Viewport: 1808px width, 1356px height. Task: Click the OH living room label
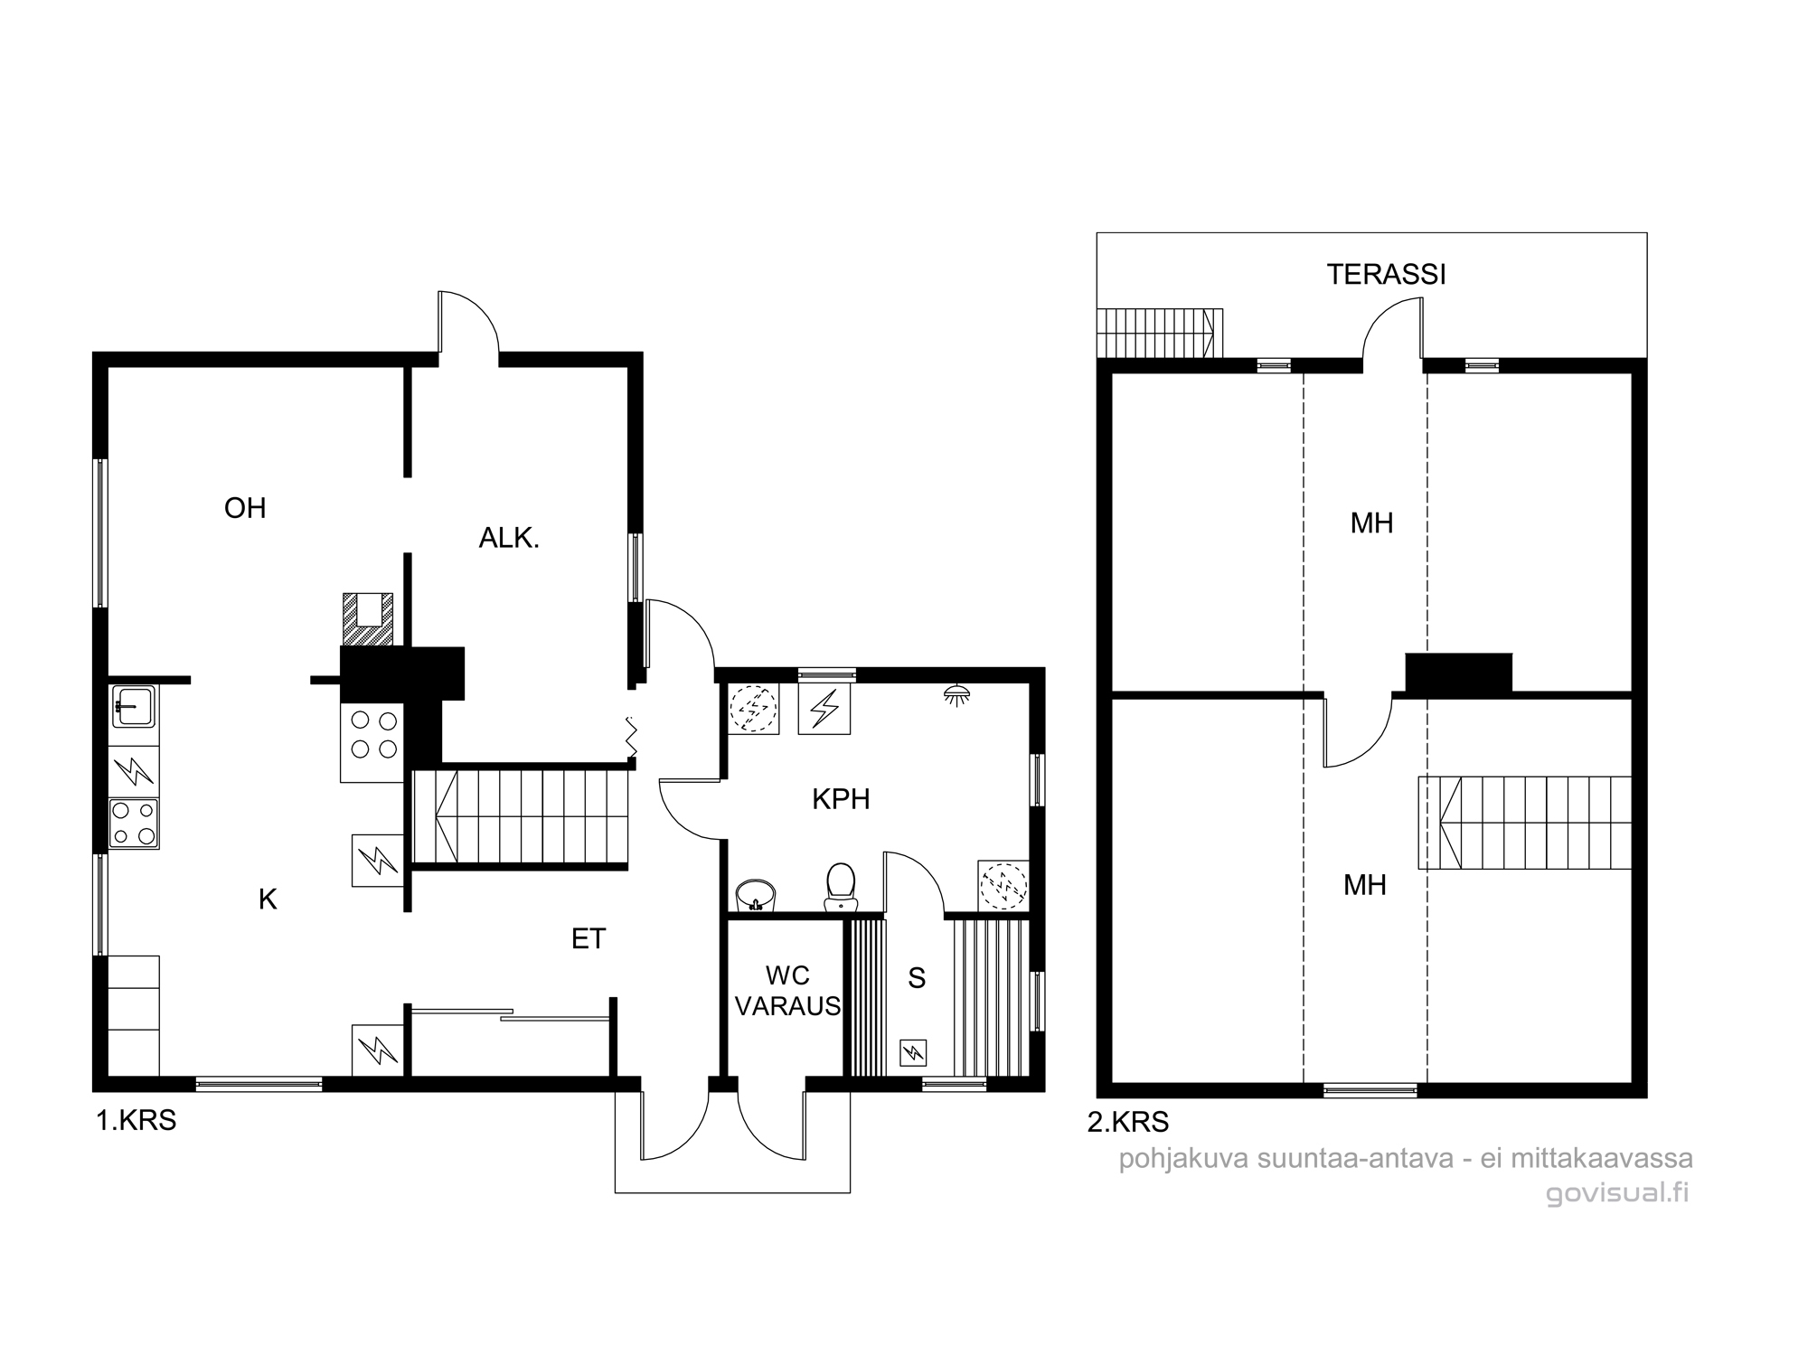245,508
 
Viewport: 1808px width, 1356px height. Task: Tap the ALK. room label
509,539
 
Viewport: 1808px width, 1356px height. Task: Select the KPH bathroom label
841,799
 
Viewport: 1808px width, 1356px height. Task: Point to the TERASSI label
1386,275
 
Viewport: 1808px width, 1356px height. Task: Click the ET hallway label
589,939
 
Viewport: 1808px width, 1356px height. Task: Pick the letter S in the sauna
917,978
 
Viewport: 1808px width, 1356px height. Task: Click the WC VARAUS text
787,991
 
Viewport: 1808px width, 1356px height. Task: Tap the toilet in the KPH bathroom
841,886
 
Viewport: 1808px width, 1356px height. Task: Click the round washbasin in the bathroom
755,896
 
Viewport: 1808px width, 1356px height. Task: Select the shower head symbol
957,694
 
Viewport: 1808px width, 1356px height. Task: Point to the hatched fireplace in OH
368,619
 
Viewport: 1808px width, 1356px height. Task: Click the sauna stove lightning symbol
914,1051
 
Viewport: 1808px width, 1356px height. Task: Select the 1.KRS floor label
137,1121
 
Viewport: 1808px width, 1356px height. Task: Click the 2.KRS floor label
1127,1122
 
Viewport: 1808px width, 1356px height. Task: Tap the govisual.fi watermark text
1617,1193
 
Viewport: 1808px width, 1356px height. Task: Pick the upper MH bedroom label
1371,523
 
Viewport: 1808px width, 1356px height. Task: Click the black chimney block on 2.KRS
1458,673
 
